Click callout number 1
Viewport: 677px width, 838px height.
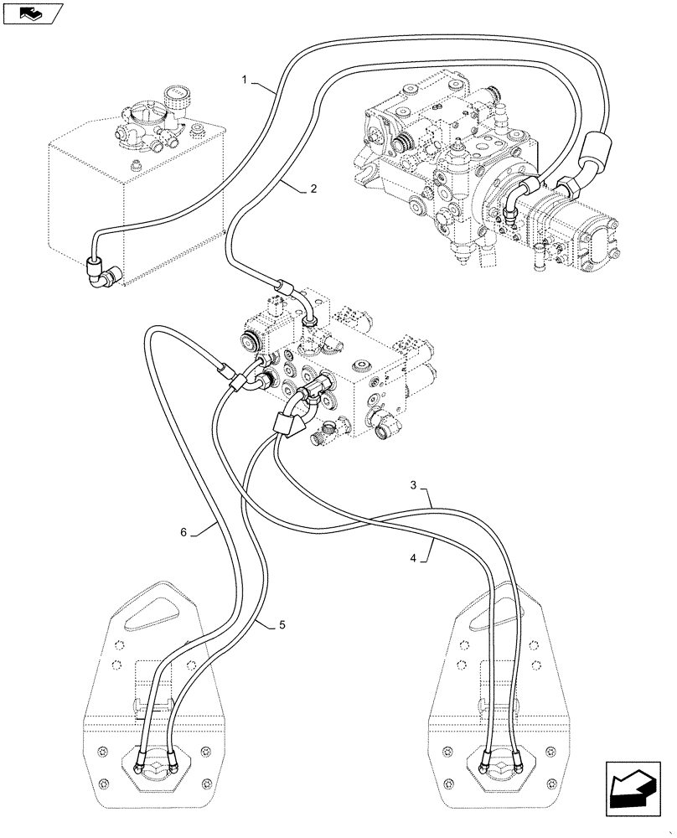pos(245,80)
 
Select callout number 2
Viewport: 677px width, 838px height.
pos(313,189)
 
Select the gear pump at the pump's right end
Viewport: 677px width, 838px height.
pos(578,230)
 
